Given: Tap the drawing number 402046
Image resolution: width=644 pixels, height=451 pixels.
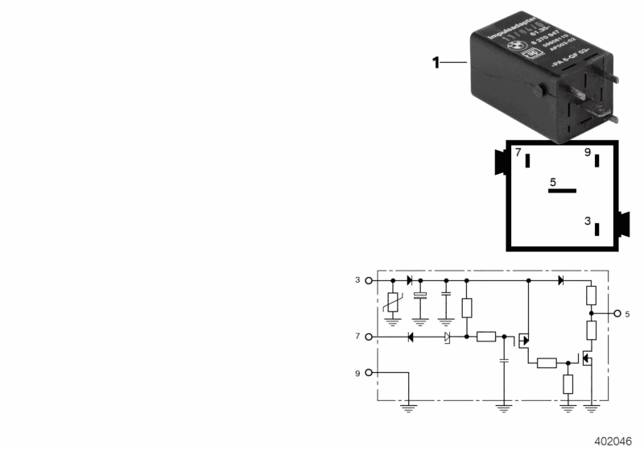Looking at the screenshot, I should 615,441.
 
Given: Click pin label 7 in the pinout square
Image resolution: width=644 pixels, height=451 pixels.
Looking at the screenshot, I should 518,153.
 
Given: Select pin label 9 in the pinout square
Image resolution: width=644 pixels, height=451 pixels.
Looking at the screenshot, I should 588,153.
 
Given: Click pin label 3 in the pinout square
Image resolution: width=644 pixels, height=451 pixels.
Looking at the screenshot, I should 588,220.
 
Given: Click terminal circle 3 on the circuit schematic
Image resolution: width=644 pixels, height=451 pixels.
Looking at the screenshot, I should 369,280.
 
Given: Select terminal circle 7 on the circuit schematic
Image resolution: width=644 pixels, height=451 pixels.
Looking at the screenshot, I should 369,336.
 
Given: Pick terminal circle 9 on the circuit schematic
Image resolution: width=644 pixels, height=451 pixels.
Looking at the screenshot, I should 369,372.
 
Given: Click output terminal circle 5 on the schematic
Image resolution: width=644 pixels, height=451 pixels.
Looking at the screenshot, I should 617,313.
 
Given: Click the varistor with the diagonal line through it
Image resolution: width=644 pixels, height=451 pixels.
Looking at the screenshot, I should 393,304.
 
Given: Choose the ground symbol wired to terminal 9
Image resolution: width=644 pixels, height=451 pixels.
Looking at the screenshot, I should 410,408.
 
